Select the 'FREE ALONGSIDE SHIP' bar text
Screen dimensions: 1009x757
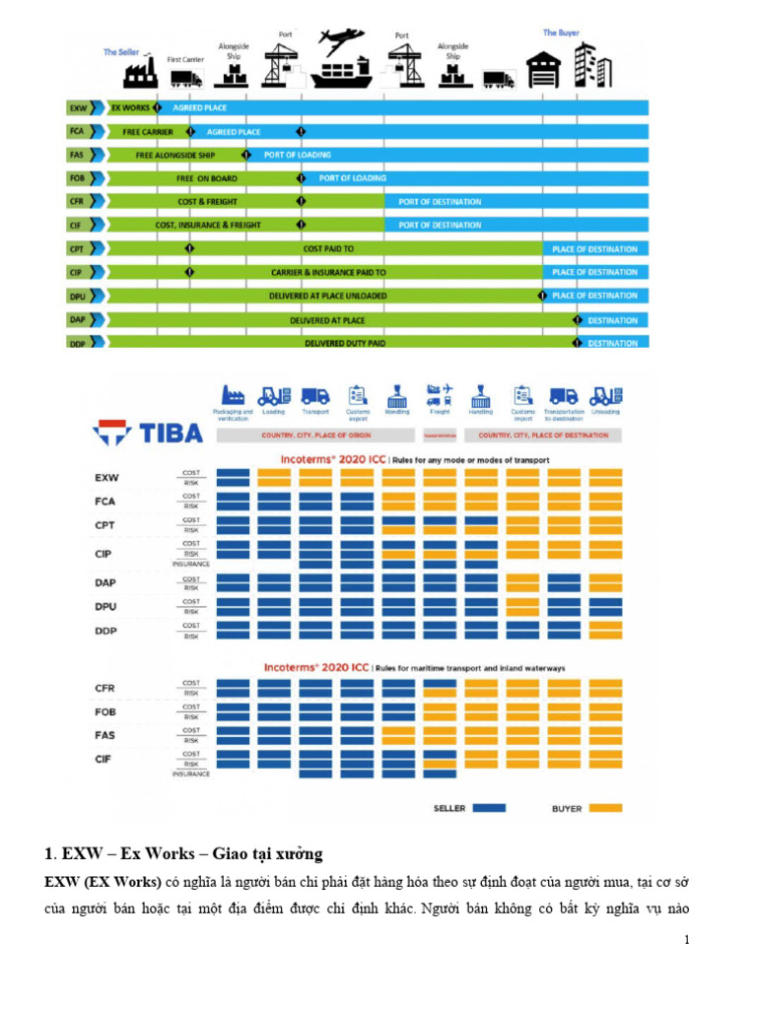coord(175,155)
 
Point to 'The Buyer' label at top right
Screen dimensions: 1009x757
coord(561,33)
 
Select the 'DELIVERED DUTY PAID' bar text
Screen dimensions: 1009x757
coord(345,343)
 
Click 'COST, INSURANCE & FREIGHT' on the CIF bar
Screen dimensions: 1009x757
coord(208,226)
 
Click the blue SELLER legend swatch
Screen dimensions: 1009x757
coord(489,808)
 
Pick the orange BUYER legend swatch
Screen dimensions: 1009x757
coord(605,808)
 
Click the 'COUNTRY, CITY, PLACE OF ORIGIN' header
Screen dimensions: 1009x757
coord(316,435)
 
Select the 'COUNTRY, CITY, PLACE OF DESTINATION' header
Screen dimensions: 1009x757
coord(543,435)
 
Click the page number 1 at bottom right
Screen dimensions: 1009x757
coord(686,940)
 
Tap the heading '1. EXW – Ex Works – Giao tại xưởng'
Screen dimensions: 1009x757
coord(183,852)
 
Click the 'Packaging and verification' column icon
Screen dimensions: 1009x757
coord(233,394)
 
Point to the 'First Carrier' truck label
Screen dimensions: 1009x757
coord(185,59)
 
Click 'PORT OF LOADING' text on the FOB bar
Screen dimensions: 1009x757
coord(352,178)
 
